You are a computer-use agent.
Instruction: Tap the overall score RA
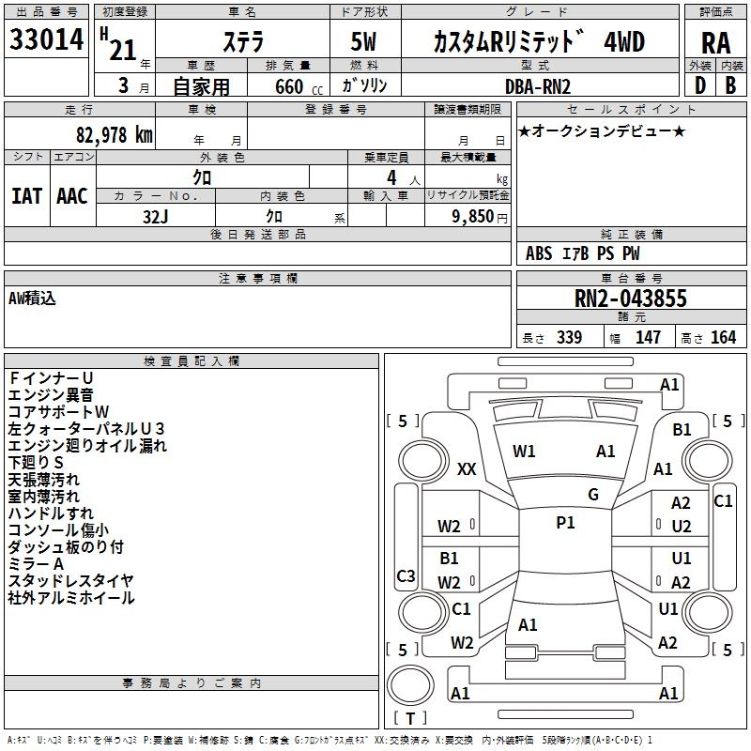coord(715,43)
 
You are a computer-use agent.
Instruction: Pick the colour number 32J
coord(156,216)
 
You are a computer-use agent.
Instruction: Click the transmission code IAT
coord(26,195)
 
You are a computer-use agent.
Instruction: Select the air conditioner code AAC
coord(72,195)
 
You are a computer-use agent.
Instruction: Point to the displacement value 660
coord(288,87)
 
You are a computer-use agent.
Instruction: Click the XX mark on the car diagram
coord(467,469)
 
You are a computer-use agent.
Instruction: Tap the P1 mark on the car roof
coord(565,523)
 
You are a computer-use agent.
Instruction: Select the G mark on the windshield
coord(592,494)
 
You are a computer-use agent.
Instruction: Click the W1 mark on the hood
coord(524,451)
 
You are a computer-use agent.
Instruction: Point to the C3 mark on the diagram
coord(406,575)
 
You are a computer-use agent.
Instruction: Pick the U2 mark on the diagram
coord(682,527)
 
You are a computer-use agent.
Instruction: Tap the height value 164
coord(723,338)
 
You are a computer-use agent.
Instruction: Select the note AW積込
coord(32,298)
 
